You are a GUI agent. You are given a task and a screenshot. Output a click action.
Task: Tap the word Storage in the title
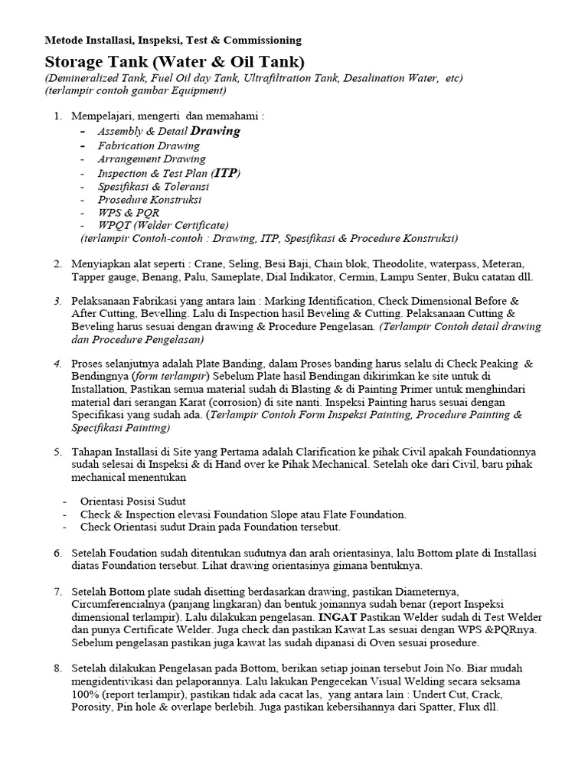[x=76, y=61]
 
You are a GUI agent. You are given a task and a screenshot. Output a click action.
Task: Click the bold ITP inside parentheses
[x=224, y=173]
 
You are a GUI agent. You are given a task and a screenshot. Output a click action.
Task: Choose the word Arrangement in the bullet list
[x=124, y=159]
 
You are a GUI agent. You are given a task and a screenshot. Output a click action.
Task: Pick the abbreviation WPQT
[x=112, y=225]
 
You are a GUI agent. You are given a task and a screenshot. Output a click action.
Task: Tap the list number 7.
[x=57, y=591]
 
